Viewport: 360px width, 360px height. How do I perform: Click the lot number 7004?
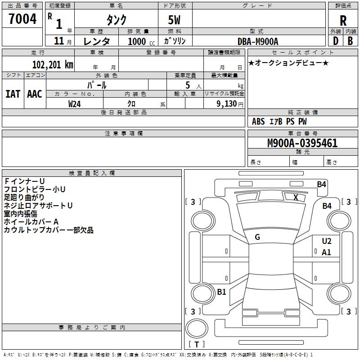point(22,19)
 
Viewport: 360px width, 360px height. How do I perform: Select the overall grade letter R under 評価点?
point(343,21)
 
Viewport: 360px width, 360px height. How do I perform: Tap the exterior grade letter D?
point(336,41)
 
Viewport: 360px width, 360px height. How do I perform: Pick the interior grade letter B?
point(351,41)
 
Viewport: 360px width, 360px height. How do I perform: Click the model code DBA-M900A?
point(258,41)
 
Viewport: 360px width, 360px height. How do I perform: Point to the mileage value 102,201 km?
point(53,65)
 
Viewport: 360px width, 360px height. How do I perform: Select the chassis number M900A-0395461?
point(302,143)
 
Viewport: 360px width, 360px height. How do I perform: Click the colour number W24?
point(74,104)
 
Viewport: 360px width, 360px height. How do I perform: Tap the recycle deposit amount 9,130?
point(227,104)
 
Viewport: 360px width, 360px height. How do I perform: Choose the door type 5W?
point(174,20)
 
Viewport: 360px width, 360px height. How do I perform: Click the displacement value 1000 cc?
point(141,41)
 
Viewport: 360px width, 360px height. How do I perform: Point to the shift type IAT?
point(13,94)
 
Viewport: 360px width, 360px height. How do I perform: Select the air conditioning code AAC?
point(35,94)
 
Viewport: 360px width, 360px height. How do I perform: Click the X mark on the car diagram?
point(296,198)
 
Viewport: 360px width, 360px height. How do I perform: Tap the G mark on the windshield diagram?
point(257,237)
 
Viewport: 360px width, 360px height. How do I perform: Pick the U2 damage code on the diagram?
point(327,241)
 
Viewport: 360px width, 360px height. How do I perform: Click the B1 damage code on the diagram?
point(221,292)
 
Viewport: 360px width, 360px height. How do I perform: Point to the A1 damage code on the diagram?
point(326,252)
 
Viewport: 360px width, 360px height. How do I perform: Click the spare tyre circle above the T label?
point(197,328)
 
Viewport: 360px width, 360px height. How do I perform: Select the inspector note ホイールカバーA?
point(31,222)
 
